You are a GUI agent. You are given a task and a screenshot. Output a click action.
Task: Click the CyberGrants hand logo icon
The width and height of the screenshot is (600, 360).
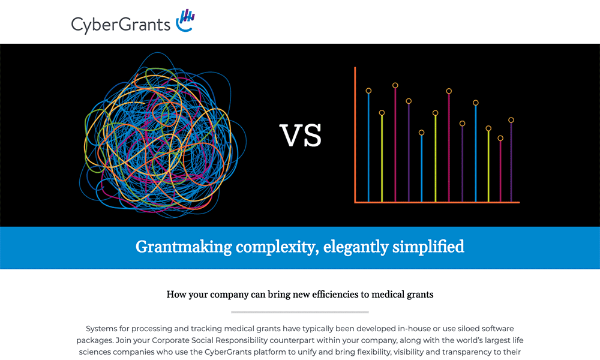tap(185, 20)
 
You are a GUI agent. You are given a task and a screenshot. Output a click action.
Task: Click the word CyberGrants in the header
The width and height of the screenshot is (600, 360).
tap(121, 25)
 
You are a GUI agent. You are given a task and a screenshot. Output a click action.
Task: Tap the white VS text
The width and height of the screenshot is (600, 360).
tap(301, 136)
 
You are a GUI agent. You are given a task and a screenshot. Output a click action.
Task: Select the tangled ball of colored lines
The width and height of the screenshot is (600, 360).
tap(163, 134)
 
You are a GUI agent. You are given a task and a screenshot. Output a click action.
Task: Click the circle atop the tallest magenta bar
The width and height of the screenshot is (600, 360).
tap(395, 85)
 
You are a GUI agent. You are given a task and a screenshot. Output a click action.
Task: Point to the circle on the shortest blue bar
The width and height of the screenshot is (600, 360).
tap(421, 133)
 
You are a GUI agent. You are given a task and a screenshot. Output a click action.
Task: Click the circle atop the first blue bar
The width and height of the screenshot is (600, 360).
tap(368, 91)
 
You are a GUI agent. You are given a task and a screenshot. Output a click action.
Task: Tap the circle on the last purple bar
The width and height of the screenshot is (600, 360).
tap(511, 120)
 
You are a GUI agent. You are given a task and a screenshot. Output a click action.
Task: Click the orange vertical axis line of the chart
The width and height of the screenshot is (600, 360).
tap(355, 134)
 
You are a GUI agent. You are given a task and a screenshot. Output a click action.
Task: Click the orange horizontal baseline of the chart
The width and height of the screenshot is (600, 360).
tap(437, 202)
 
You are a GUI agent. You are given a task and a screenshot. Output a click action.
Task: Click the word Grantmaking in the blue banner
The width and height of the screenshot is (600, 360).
tap(184, 247)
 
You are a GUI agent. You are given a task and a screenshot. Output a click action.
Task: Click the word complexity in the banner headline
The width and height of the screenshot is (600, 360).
tap(277, 247)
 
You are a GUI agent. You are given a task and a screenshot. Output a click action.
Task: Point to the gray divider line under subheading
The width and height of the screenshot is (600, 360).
tap(300, 312)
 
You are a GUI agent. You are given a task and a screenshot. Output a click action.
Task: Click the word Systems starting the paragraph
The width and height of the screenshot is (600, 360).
tap(101, 329)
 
